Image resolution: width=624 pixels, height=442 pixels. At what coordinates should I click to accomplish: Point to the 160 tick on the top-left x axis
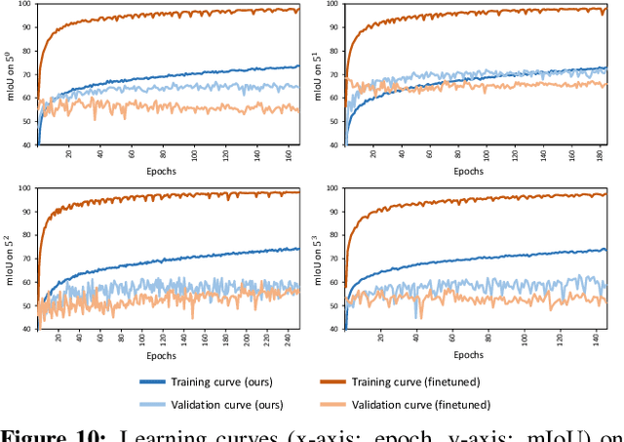[287, 153]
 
